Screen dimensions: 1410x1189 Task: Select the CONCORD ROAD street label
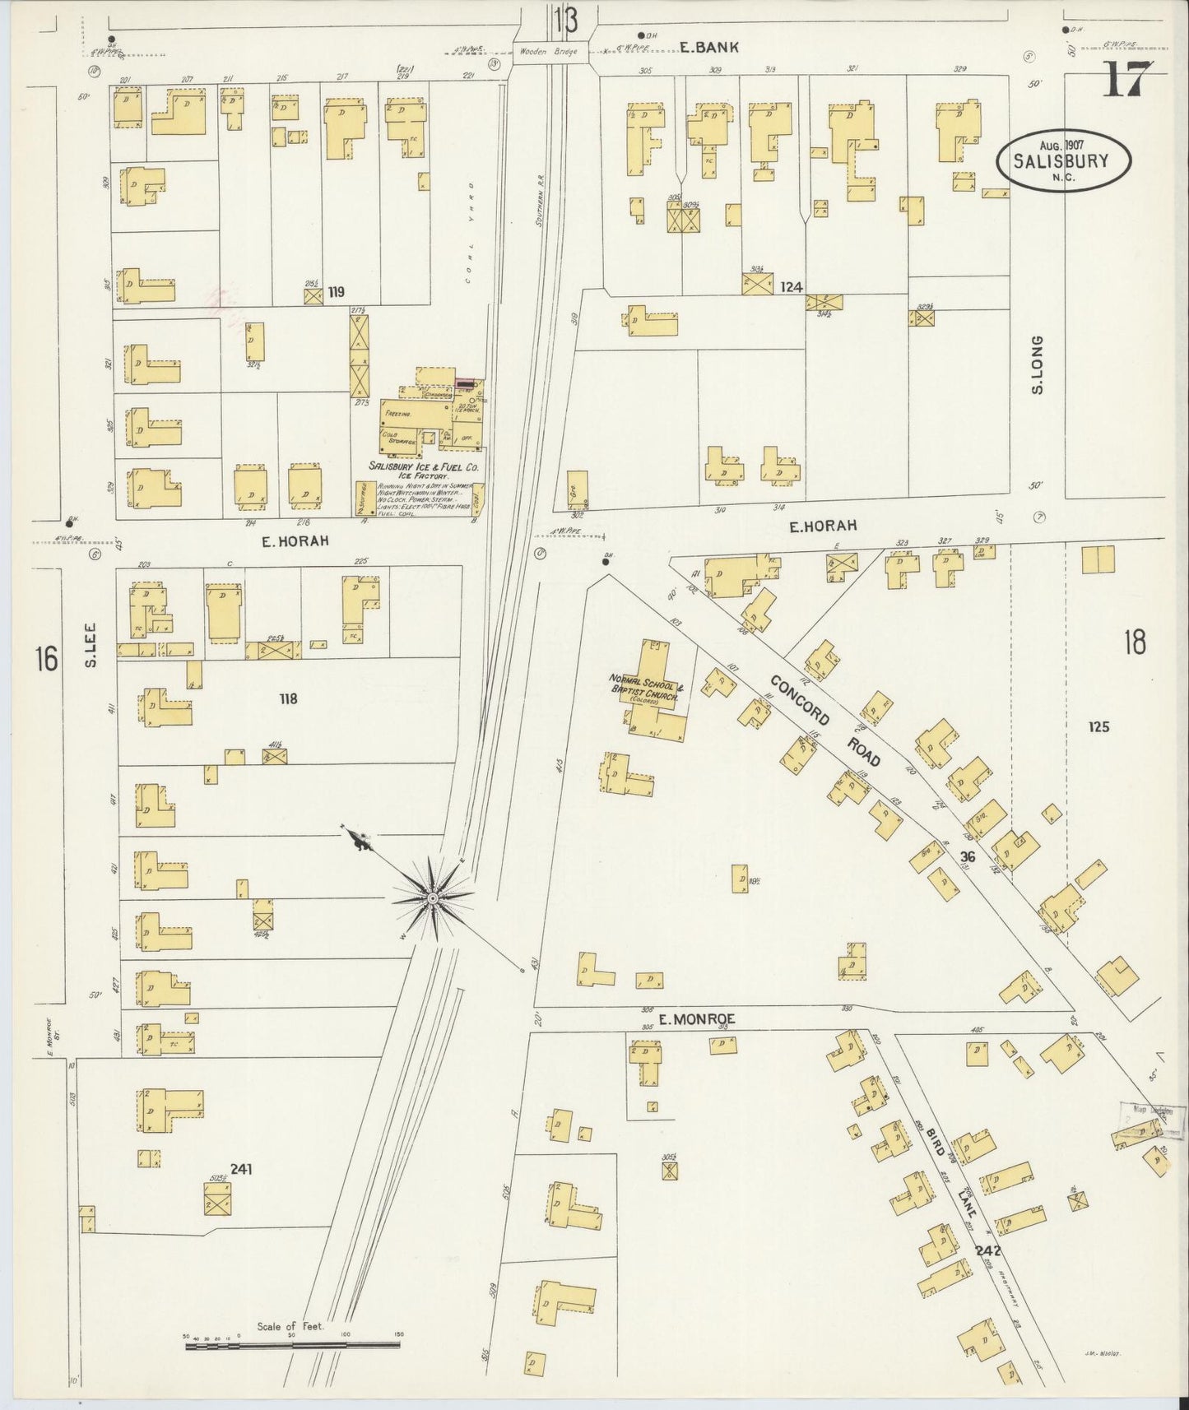pos(826,721)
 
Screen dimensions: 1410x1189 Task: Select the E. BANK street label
pos(708,49)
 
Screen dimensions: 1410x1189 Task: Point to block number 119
pos(335,291)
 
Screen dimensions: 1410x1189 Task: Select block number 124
pos(792,287)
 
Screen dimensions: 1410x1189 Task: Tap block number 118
pos(287,700)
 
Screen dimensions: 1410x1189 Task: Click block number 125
pos(1098,726)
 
